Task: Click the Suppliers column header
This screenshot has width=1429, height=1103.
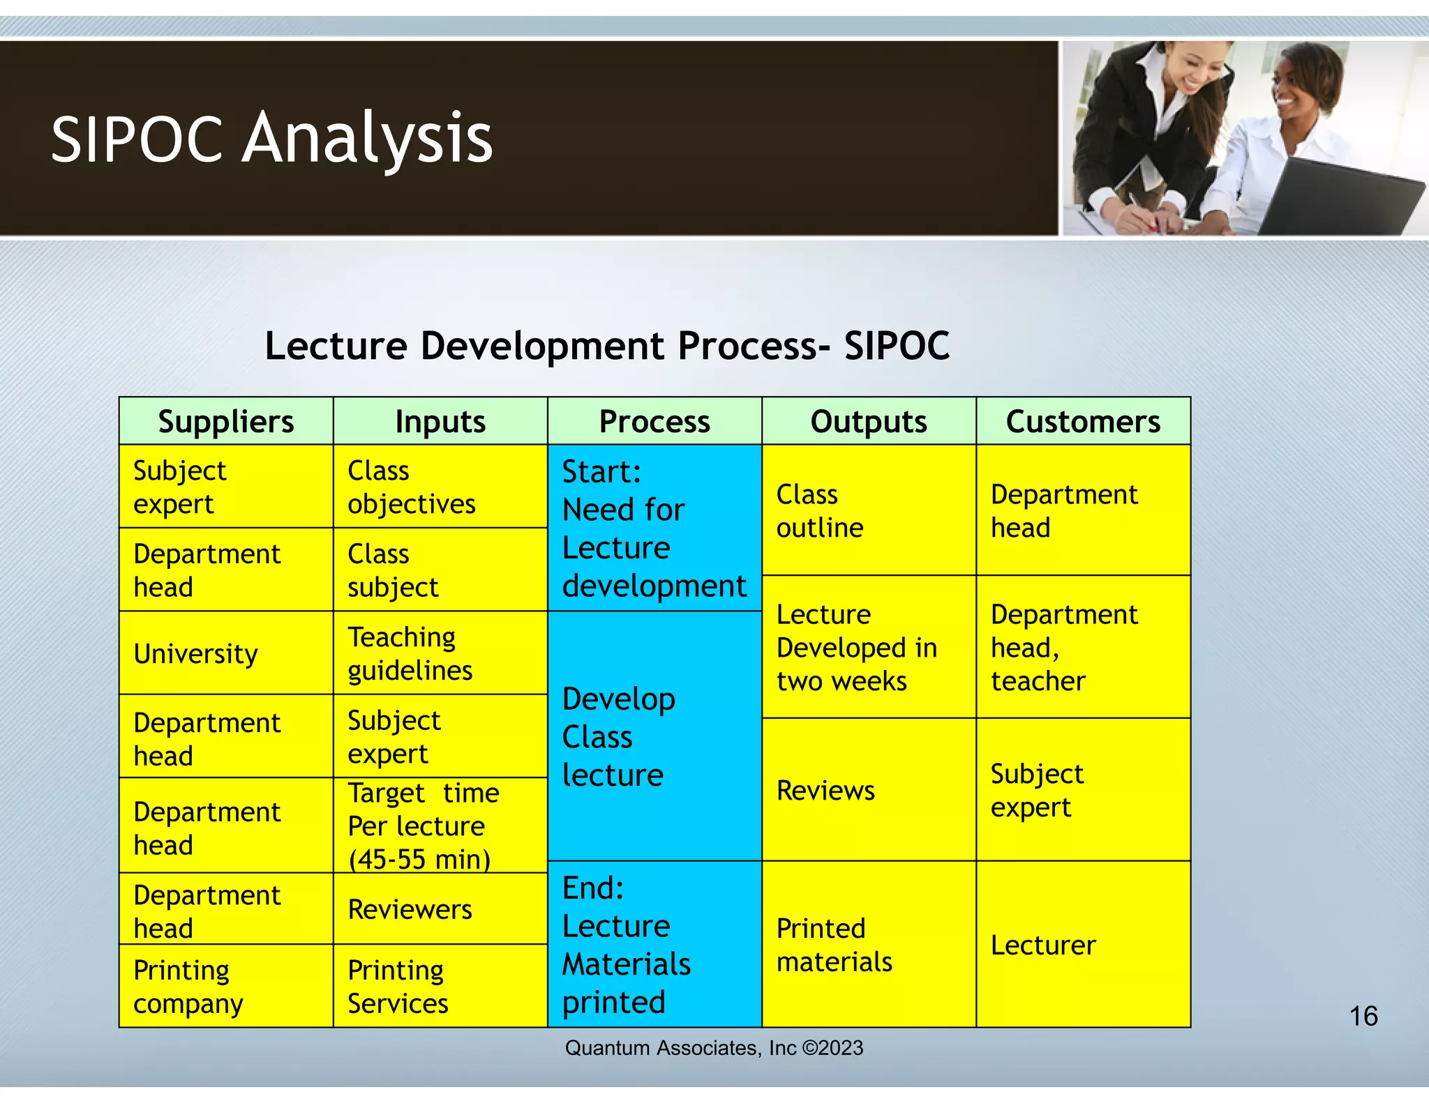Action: point(226,421)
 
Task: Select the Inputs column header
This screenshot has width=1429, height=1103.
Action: point(440,421)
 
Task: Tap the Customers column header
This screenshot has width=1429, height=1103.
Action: point(1083,421)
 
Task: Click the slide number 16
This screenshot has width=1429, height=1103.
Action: point(1363,1016)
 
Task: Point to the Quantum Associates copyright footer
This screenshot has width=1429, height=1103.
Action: point(714,1048)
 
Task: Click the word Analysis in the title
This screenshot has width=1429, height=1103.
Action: point(367,139)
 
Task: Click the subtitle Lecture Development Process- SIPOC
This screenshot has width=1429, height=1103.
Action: point(607,345)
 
